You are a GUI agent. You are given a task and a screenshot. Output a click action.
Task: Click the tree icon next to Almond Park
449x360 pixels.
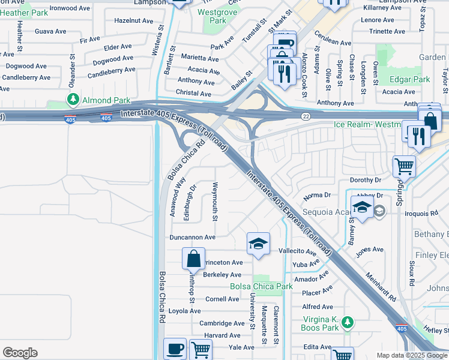point(73,100)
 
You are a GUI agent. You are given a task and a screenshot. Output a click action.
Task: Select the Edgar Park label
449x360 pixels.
point(410,79)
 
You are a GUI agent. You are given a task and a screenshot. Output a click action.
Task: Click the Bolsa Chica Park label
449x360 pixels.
point(262,286)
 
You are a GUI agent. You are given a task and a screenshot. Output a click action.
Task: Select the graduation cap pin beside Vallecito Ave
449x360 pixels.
point(258,244)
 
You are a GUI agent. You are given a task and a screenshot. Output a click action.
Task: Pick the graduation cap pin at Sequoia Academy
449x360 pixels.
point(362,208)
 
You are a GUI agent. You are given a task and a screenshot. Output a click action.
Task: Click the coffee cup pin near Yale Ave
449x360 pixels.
point(175,348)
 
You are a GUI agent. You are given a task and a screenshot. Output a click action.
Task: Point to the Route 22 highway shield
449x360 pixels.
point(306,116)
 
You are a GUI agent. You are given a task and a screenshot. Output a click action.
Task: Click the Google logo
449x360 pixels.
point(20,353)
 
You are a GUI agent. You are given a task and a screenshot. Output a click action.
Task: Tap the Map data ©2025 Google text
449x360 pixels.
point(412,355)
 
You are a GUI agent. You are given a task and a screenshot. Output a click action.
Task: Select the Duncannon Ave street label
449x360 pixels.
point(192,238)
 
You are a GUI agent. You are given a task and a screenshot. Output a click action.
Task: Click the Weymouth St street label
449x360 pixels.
point(214,201)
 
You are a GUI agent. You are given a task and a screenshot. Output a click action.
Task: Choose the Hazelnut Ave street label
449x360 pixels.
point(133,20)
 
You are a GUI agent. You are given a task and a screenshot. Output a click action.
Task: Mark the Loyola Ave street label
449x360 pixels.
point(184,311)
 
